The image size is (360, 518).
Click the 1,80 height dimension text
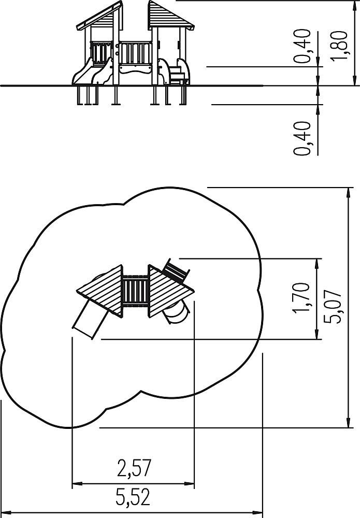[339, 45]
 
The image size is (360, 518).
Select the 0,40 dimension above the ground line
[303, 46]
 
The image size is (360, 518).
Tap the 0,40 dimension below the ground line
[303, 138]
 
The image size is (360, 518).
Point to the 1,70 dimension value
[302, 297]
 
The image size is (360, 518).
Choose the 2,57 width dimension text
[134, 468]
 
